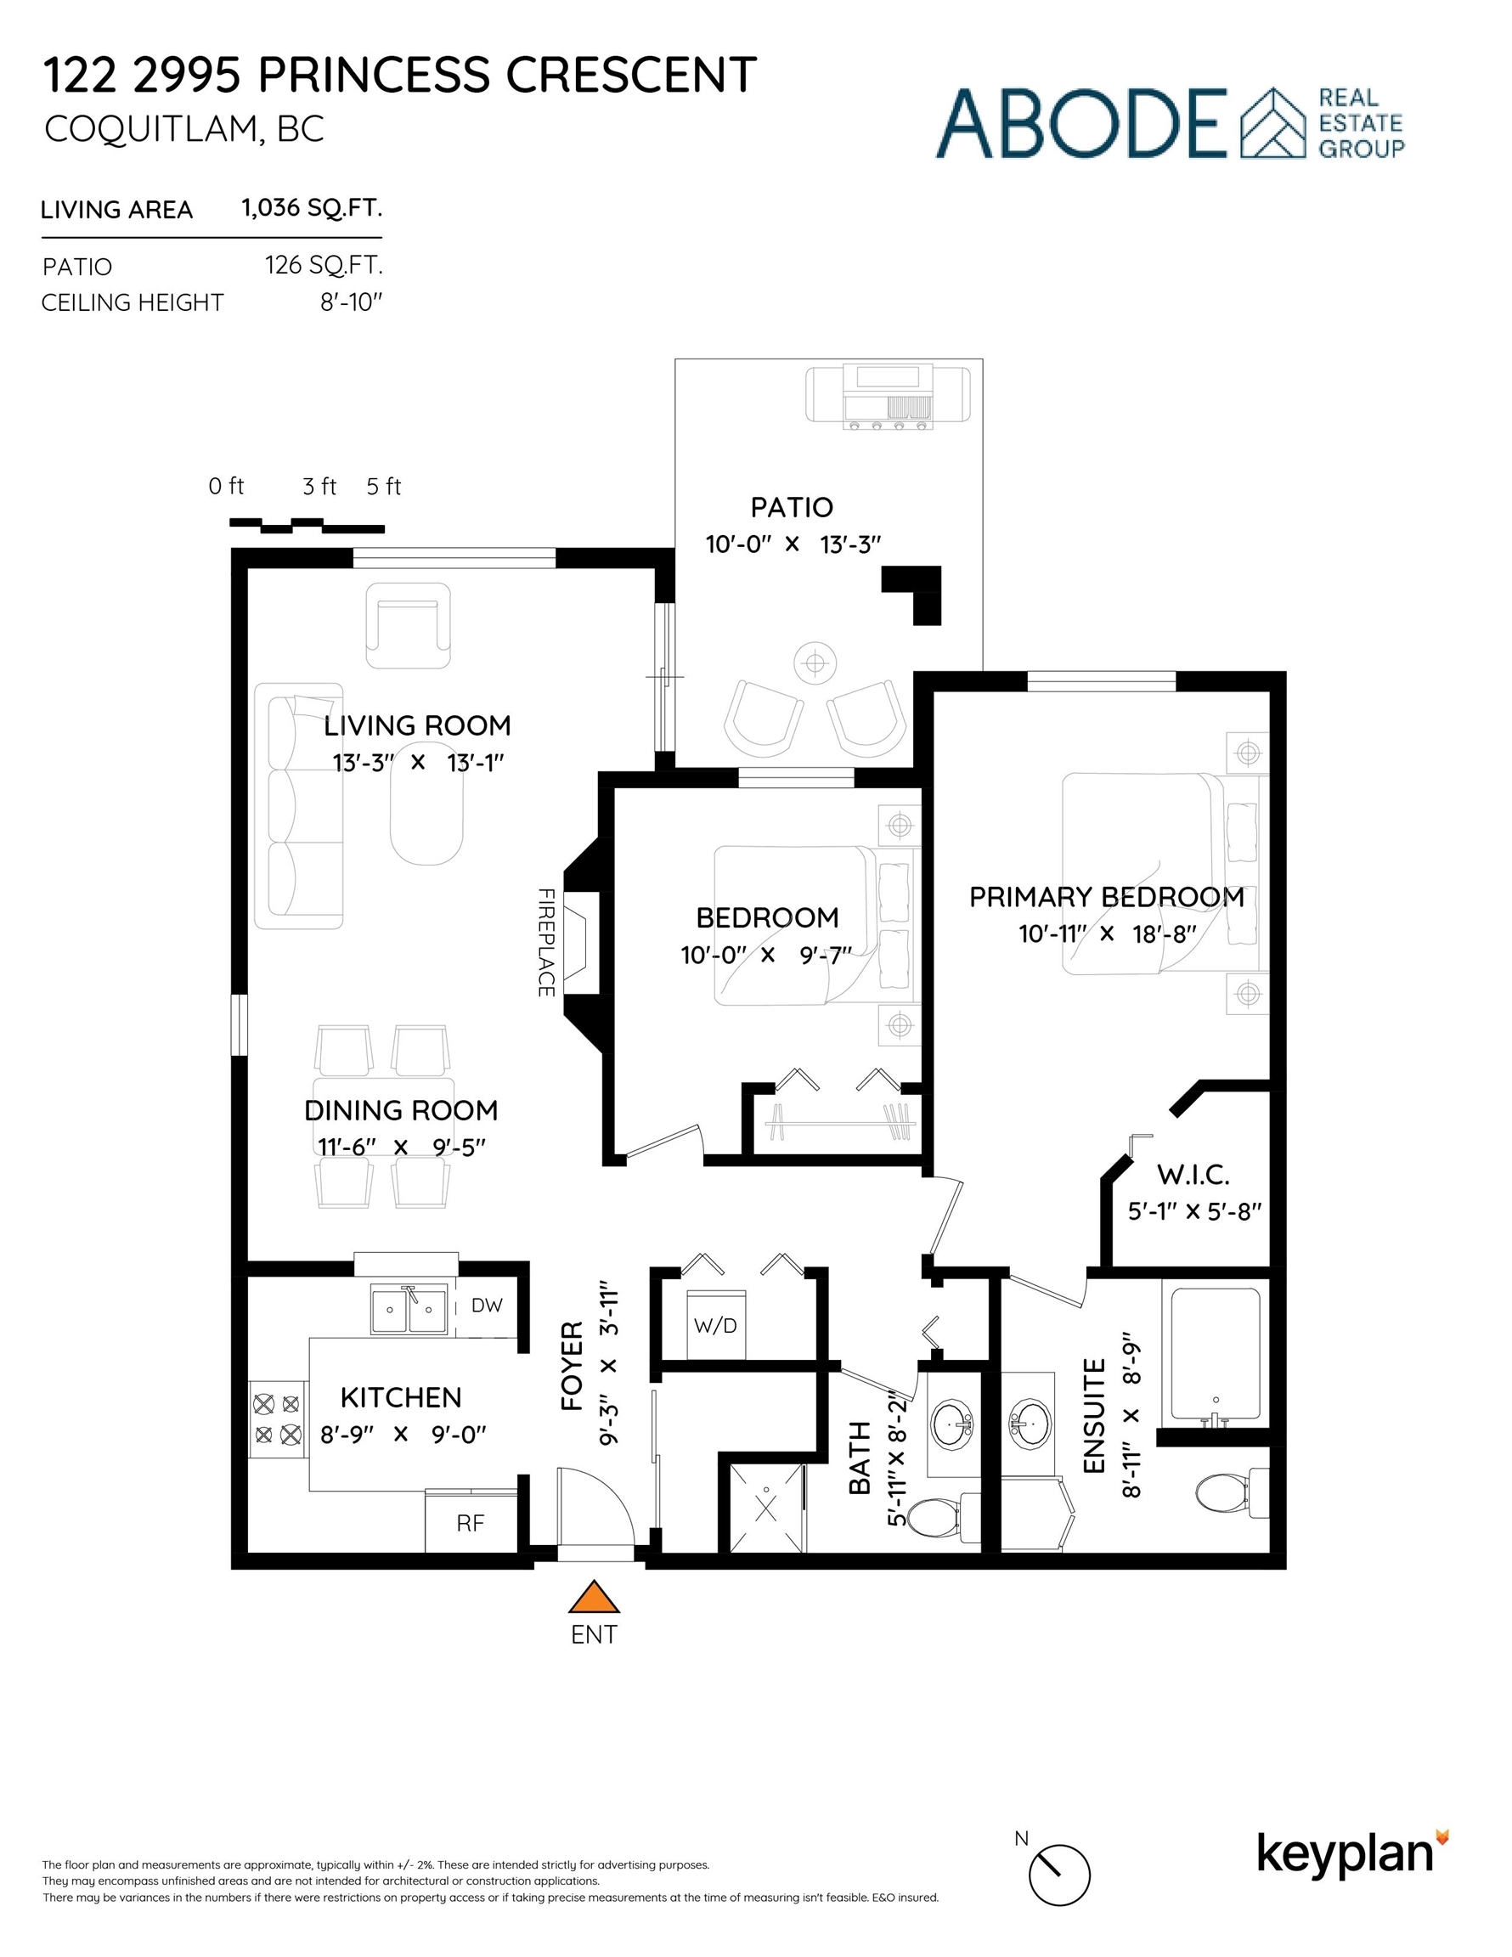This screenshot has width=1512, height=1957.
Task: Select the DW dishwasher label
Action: [x=487, y=1306]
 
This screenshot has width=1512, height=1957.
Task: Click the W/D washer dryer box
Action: [x=716, y=1325]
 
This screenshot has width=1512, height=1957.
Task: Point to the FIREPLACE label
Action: [x=546, y=942]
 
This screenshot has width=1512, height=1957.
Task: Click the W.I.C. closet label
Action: [x=1193, y=1175]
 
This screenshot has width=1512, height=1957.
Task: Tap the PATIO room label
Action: [x=792, y=507]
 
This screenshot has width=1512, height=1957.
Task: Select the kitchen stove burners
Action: [x=277, y=1418]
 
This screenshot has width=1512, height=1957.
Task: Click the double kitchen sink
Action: [x=409, y=1309]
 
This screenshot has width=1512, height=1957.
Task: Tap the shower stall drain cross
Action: [x=767, y=1507]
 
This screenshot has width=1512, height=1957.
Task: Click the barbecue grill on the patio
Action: [x=887, y=395]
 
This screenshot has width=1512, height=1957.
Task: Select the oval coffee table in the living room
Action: [x=426, y=802]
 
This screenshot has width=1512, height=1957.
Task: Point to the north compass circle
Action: [x=1059, y=1875]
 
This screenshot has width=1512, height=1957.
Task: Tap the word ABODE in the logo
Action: [x=1082, y=124]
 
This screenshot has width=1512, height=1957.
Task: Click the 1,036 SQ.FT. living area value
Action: [x=312, y=208]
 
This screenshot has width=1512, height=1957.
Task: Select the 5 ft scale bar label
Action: [x=384, y=487]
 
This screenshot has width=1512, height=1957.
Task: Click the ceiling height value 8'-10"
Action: [x=352, y=302]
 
